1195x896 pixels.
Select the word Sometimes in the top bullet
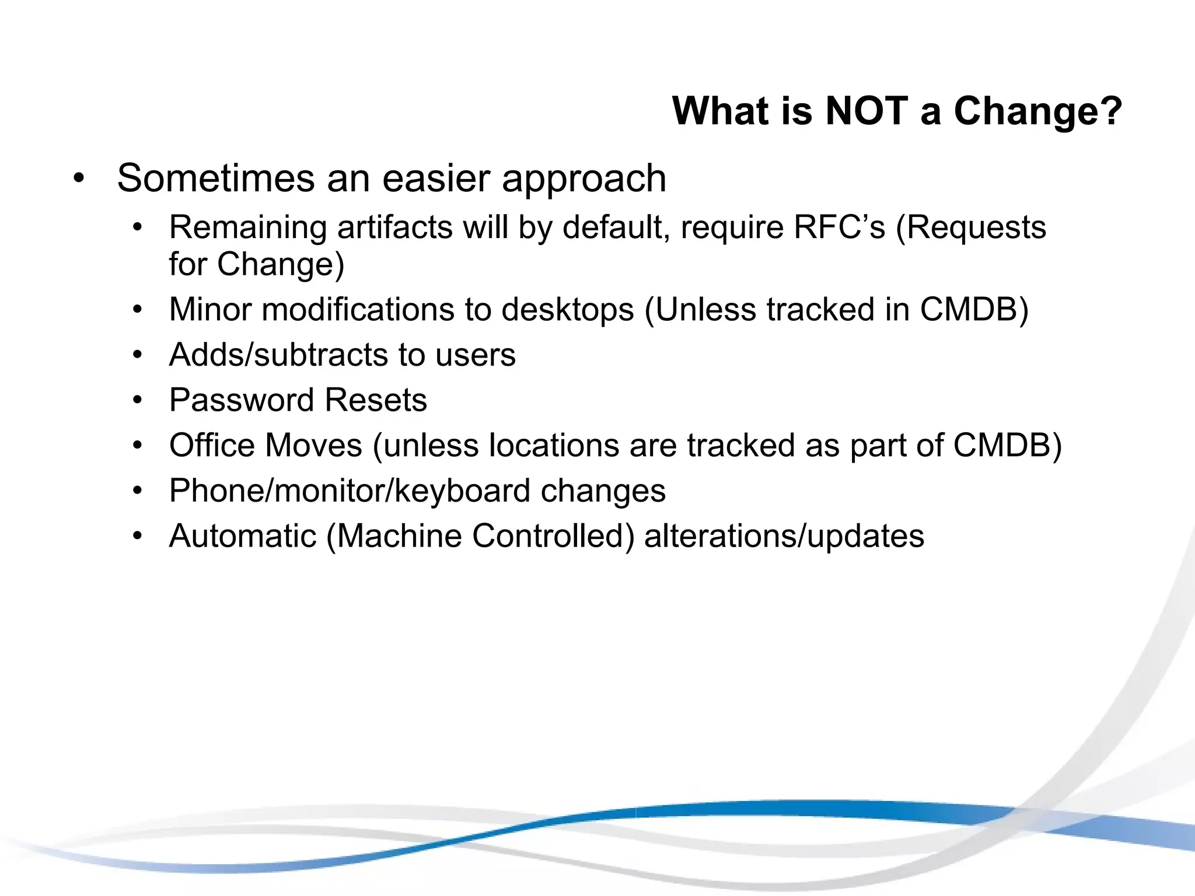pyautogui.click(x=216, y=178)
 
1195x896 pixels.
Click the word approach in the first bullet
pyautogui.click(x=584, y=179)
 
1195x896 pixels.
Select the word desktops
pyautogui.click(x=567, y=309)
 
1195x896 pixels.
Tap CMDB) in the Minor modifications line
pyautogui.click(x=974, y=309)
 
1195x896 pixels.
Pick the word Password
pyautogui.click(x=242, y=400)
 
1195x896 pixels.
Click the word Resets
pyautogui.click(x=376, y=400)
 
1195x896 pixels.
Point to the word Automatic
pyautogui.click(x=243, y=535)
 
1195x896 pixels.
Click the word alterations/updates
pyautogui.click(x=784, y=535)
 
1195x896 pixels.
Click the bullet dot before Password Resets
pyautogui.click(x=137, y=400)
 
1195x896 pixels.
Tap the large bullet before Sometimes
pyautogui.click(x=79, y=178)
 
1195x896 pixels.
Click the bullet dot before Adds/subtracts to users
pyautogui.click(x=137, y=355)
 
